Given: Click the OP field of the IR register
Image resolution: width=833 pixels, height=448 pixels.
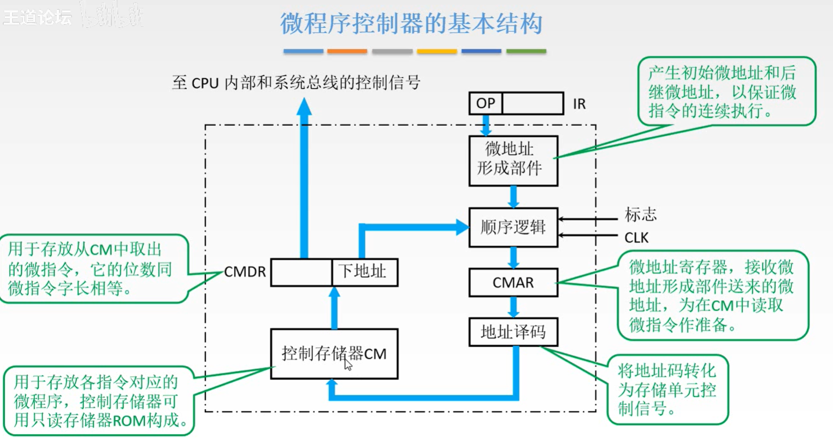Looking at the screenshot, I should (x=486, y=103).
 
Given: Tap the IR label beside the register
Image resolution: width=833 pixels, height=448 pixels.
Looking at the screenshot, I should (x=579, y=104).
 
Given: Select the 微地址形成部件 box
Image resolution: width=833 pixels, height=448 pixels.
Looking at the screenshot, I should (x=513, y=161).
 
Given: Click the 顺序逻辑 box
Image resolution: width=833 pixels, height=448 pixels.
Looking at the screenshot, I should (x=513, y=227).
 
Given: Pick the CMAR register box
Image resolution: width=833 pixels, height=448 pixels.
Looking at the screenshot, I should (x=513, y=282).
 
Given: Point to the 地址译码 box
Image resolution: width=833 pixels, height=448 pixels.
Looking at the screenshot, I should (x=513, y=332).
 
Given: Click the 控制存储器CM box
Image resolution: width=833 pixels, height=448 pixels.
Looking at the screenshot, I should (x=334, y=354).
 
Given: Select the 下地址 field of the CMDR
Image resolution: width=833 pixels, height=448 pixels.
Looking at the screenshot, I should (x=364, y=272).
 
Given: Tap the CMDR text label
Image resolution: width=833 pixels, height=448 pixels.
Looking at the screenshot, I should (x=245, y=272).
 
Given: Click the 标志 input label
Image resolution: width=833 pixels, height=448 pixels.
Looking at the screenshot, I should (x=640, y=214).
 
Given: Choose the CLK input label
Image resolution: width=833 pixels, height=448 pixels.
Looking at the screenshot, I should (x=636, y=238).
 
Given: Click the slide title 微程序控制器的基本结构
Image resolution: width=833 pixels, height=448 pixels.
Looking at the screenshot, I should (x=411, y=24).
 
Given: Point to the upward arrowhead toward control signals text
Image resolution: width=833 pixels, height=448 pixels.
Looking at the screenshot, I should (x=304, y=106).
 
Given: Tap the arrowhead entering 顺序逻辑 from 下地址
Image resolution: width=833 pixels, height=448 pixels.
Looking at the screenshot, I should (x=462, y=226).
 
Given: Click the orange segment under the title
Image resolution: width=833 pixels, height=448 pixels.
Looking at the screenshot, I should (x=347, y=51).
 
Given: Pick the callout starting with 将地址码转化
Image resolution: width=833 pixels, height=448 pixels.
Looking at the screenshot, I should (x=667, y=389).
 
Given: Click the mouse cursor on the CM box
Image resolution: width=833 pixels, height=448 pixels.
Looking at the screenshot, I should (x=348, y=364).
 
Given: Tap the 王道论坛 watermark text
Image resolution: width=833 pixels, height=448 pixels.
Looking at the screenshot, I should (x=37, y=18).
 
